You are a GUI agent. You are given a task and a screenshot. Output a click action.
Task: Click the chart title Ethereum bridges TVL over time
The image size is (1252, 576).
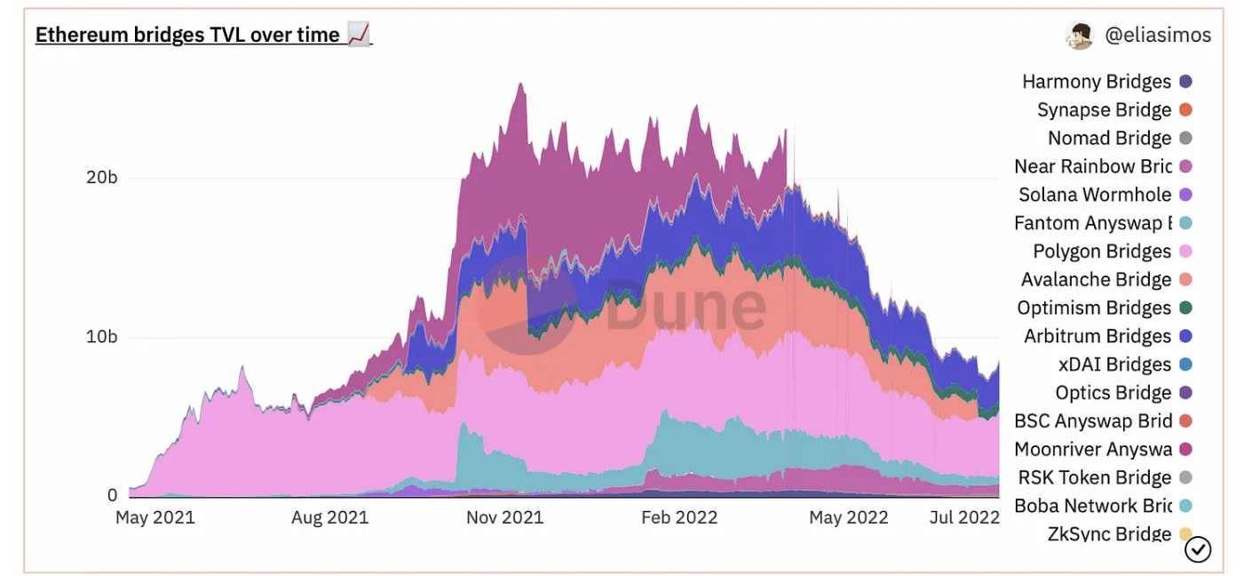coord(187,35)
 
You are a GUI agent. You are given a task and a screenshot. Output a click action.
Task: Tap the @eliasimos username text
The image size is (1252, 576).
coord(1158,36)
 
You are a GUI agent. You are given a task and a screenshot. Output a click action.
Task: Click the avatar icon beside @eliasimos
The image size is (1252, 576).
coord(1080,36)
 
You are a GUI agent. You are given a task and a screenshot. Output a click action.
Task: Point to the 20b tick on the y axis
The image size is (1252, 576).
coord(101,177)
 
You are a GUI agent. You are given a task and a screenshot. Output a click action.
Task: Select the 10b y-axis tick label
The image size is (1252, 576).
coord(101,337)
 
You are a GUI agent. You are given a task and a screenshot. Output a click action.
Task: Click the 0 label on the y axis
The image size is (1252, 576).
coord(112,495)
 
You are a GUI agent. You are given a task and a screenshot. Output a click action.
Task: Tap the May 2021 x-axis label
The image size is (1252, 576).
coord(155,517)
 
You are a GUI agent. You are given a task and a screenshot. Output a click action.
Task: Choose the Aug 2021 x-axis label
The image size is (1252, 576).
coord(329,517)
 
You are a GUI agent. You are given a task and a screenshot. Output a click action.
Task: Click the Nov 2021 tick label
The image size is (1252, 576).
coord(504,517)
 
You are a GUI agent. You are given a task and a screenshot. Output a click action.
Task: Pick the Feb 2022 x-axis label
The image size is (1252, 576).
coord(679,517)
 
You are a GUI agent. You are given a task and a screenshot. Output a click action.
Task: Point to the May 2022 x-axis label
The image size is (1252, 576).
coord(848,517)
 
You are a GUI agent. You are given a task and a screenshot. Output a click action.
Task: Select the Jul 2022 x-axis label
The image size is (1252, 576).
coord(964,517)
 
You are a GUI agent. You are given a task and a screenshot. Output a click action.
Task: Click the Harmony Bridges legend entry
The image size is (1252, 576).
coord(1097,82)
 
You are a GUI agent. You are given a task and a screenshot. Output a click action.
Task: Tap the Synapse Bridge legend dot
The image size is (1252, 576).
coord(1185,110)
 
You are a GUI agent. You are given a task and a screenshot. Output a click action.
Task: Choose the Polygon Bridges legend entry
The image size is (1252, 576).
coord(1102,252)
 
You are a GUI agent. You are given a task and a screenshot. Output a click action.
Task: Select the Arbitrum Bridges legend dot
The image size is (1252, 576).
coord(1185,336)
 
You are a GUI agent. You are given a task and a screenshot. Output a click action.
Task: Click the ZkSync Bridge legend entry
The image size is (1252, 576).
coord(1110,534)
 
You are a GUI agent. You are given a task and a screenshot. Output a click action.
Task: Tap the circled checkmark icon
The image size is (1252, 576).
coord(1198,550)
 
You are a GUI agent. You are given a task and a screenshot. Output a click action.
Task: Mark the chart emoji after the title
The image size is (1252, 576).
coord(359,35)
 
